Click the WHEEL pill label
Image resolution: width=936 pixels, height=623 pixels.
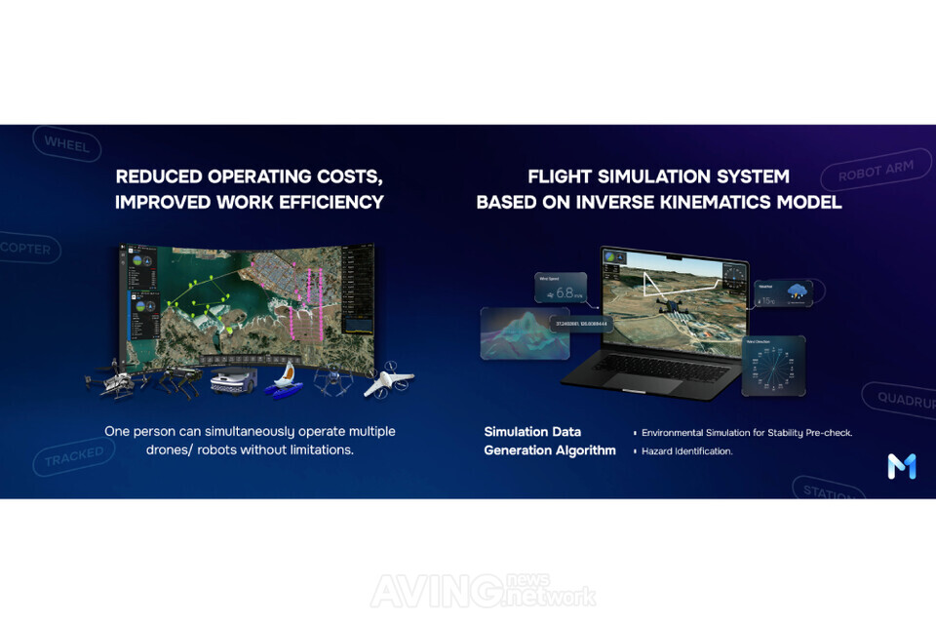[66, 144]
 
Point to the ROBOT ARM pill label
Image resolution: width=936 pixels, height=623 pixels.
[876, 173]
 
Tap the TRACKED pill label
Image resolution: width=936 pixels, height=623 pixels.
[73, 455]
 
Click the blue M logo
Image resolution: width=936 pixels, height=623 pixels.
[901, 466]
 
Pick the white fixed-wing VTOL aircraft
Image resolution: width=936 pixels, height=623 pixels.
[388, 381]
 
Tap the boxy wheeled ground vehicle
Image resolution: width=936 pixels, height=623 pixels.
[231, 378]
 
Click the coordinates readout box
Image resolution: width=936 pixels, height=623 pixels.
[580, 323]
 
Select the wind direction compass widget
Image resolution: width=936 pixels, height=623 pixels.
[773, 366]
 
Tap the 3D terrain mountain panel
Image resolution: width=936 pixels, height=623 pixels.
[525, 332]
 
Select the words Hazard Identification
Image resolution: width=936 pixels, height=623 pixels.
[687, 451]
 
